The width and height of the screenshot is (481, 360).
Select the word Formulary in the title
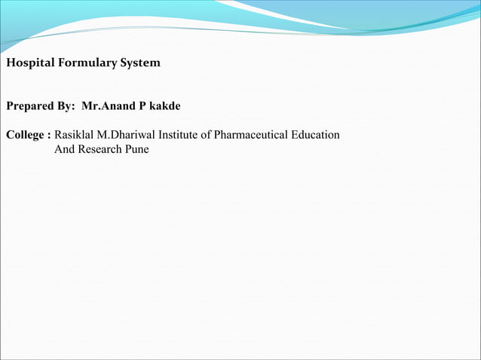(83, 63)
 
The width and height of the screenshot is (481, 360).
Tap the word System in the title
(139, 63)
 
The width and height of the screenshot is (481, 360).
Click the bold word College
(26, 136)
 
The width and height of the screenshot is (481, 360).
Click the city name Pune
(137, 149)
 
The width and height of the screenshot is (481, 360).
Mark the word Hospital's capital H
(10, 63)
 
